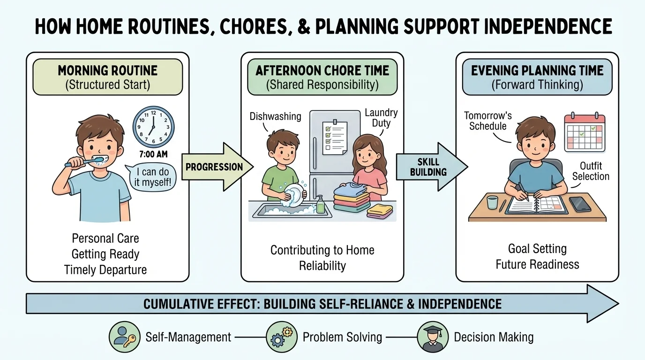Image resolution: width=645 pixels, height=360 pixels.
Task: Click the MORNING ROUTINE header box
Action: point(107,77)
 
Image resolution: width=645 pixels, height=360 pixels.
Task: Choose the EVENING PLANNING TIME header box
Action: point(537,77)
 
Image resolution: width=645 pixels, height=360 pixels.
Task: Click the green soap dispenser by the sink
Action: point(320,204)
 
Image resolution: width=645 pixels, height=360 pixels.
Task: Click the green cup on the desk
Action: point(492,202)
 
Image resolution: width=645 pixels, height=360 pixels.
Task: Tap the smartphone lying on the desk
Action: point(580,204)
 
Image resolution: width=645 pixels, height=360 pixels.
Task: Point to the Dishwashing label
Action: point(276,116)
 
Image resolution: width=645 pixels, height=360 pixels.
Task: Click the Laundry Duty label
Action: point(381,118)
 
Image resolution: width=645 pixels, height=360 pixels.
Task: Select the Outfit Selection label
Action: point(591,171)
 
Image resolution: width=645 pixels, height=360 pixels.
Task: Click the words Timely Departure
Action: point(105,270)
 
